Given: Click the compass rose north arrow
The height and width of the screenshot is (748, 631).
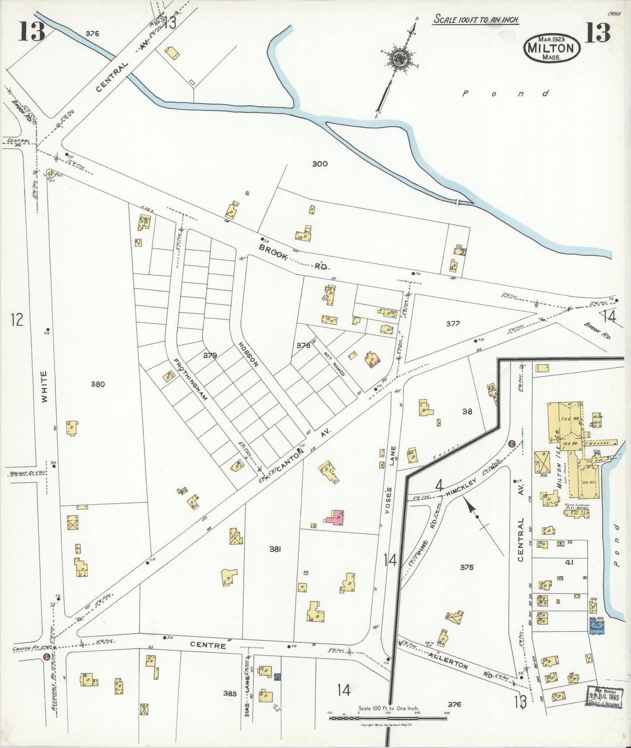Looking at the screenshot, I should (x=399, y=61).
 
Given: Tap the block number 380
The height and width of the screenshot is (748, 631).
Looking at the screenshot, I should (x=98, y=384).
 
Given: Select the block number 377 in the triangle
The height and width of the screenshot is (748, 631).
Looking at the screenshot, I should (x=453, y=323).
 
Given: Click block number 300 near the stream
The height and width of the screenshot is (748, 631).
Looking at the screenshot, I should (x=320, y=164).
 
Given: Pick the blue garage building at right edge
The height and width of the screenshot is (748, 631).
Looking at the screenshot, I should (x=597, y=625).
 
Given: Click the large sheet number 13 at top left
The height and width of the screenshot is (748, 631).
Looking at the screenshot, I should (x=31, y=32).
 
